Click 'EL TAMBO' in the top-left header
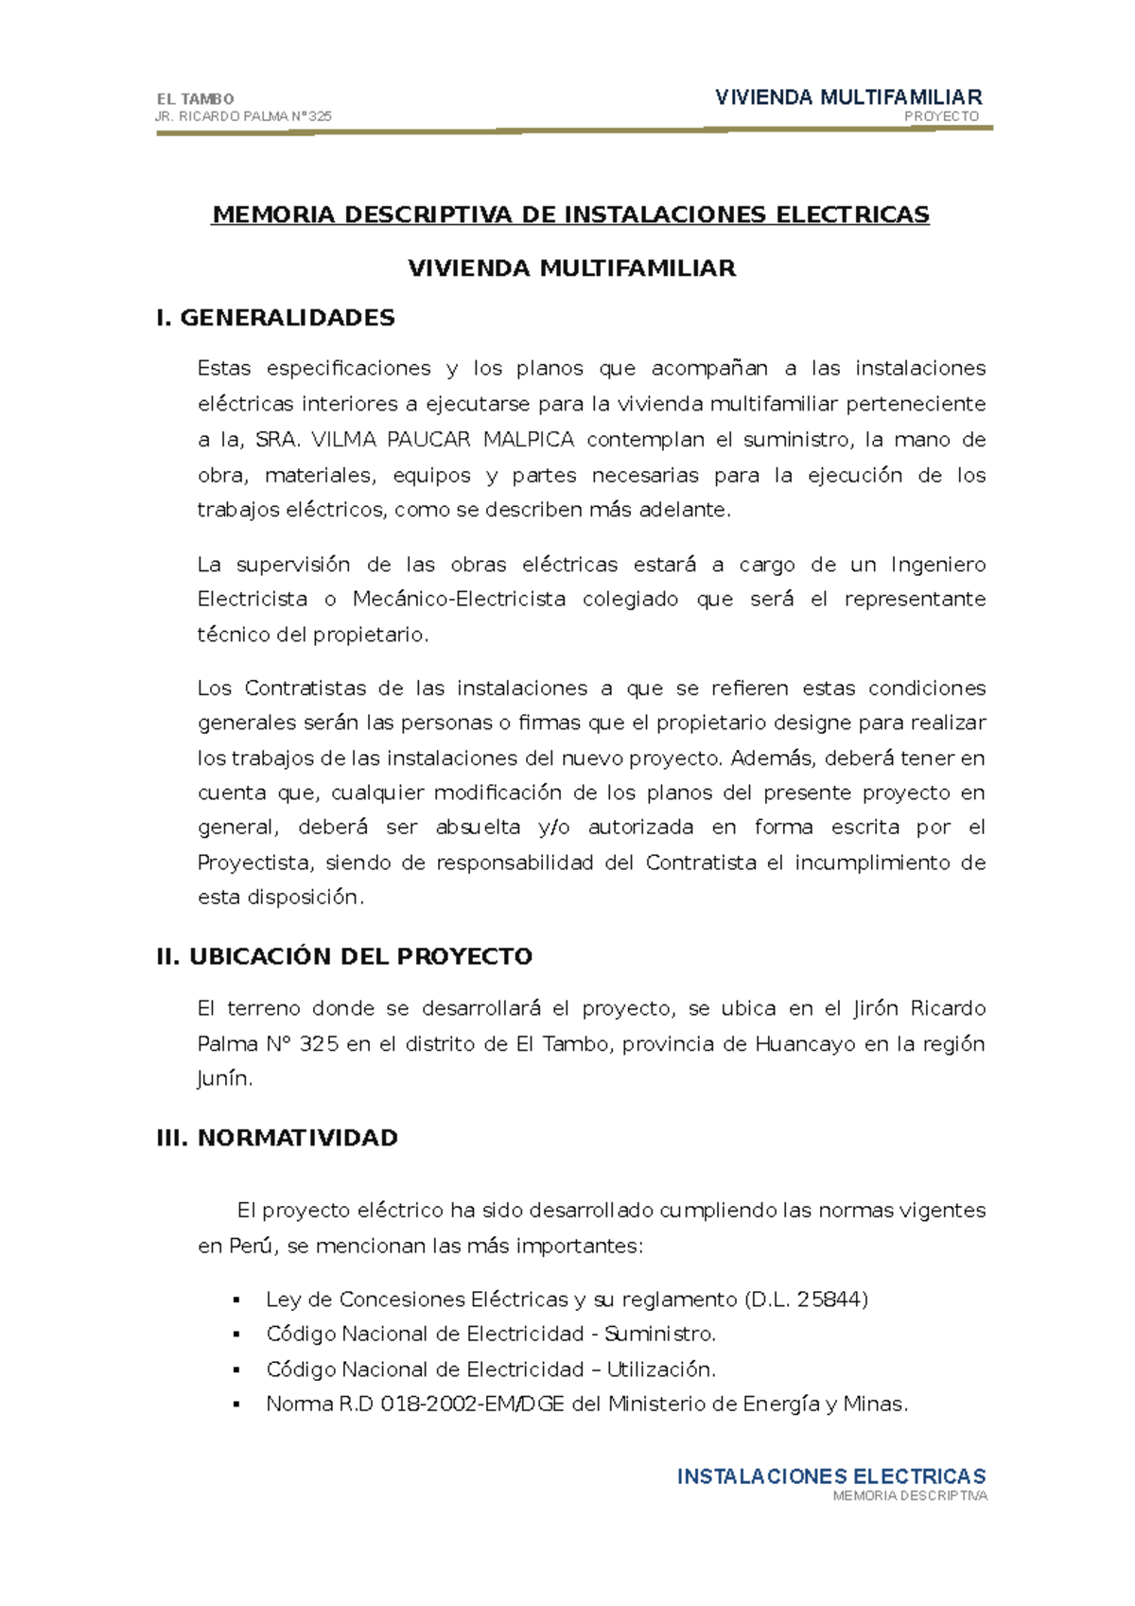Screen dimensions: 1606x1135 (x=195, y=98)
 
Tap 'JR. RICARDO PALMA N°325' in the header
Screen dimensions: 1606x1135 (x=243, y=116)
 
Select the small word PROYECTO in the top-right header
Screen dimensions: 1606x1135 (x=941, y=116)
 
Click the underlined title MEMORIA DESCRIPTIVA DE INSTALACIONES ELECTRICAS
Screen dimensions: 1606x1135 (x=570, y=215)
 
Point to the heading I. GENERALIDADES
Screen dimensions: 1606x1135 (x=275, y=318)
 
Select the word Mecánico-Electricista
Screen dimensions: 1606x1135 (x=459, y=600)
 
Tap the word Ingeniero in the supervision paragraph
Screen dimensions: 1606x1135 (x=937, y=565)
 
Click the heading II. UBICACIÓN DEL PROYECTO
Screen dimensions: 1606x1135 (x=344, y=956)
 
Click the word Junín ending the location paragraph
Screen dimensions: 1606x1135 (x=223, y=1079)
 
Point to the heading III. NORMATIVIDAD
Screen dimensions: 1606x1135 (x=277, y=1137)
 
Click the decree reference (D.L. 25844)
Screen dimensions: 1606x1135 (x=806, y=1300)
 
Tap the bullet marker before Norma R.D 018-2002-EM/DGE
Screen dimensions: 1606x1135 (x=236, y=1405)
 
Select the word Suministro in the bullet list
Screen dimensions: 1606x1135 (x=658, y=1335)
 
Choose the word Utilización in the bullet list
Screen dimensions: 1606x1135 (x=660, y=1370)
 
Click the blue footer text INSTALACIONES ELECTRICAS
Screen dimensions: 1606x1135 (x=831, y=1476)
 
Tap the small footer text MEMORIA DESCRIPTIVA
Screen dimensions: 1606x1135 (x=909, y=1496)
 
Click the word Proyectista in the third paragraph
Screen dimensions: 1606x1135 (x=253, y=863)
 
